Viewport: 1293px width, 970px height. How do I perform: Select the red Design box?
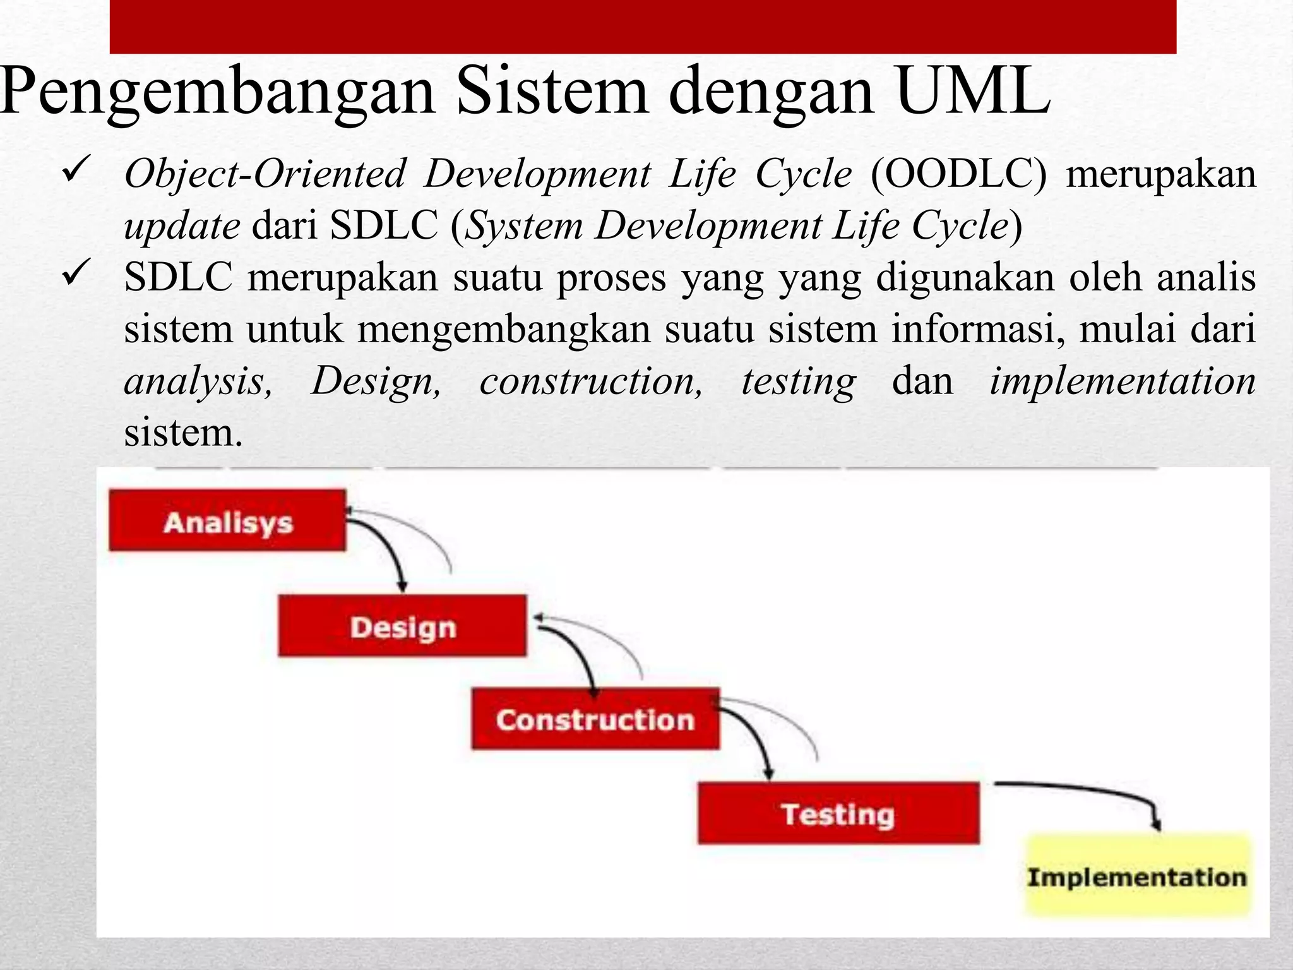402,626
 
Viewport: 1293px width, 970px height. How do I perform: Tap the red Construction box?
595,719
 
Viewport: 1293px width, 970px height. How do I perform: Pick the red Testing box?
838,813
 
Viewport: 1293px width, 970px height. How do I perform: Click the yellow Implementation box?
1137,876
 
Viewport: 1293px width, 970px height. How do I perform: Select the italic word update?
182,225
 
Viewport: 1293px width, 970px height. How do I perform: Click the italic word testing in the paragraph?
798,381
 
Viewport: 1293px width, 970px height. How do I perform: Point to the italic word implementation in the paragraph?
1122,381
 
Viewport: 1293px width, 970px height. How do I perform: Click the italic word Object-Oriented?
265,173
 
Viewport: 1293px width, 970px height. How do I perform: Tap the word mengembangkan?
504,329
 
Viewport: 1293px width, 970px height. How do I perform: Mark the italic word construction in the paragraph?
590,381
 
